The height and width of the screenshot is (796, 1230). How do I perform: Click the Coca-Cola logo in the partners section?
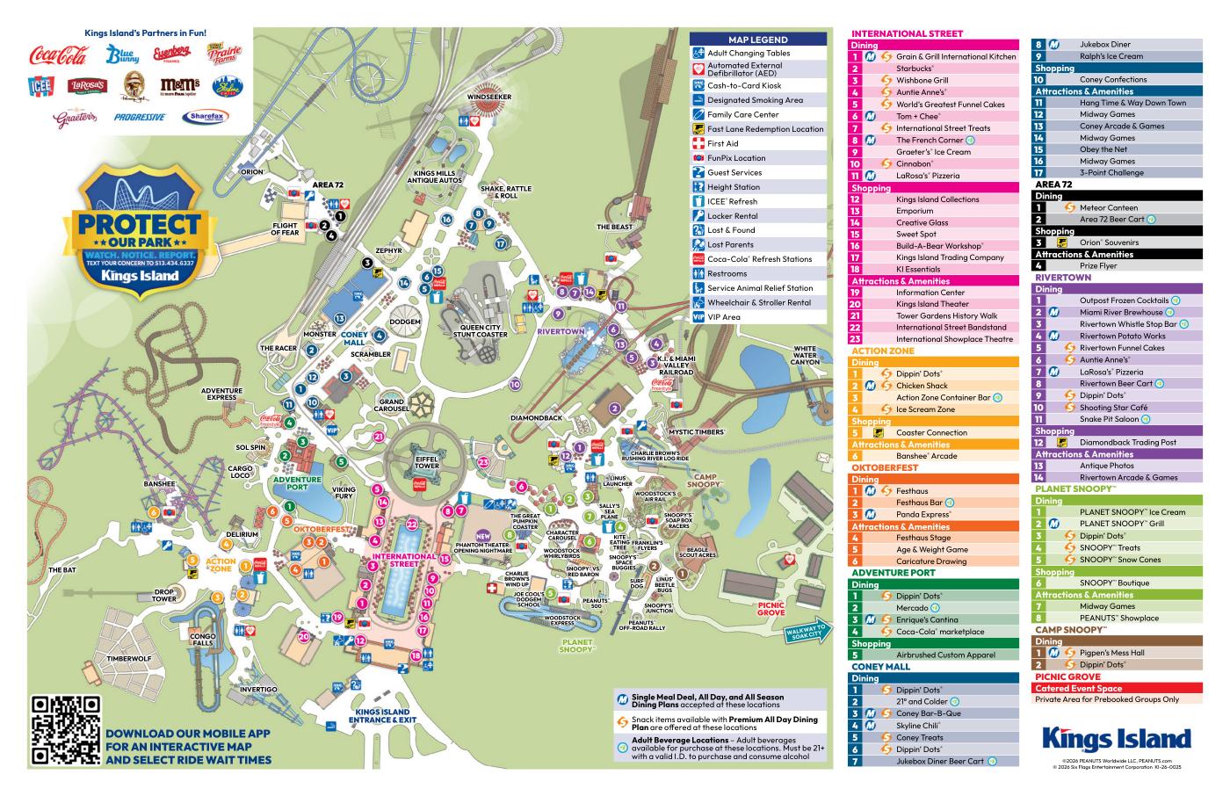[58, 55]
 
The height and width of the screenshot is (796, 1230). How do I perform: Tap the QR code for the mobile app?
[66, 730]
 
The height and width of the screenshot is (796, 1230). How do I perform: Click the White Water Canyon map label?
[806, 355]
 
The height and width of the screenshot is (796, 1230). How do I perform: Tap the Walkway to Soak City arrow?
[806, 631]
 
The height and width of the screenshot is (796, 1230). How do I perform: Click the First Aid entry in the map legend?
[722, 143]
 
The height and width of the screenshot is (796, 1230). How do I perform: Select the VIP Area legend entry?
[724, 316]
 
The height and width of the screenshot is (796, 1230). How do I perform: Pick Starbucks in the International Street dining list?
[915, 69]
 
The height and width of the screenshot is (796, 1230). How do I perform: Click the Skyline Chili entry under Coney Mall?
[917, 726]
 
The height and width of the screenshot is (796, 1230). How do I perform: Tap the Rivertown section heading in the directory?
[1063, 278]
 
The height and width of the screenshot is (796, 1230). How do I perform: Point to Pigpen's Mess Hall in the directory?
[1111, 653]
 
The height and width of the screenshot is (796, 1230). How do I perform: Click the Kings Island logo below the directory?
[1116, 738]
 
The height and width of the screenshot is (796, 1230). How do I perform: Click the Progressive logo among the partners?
[139, 117]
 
